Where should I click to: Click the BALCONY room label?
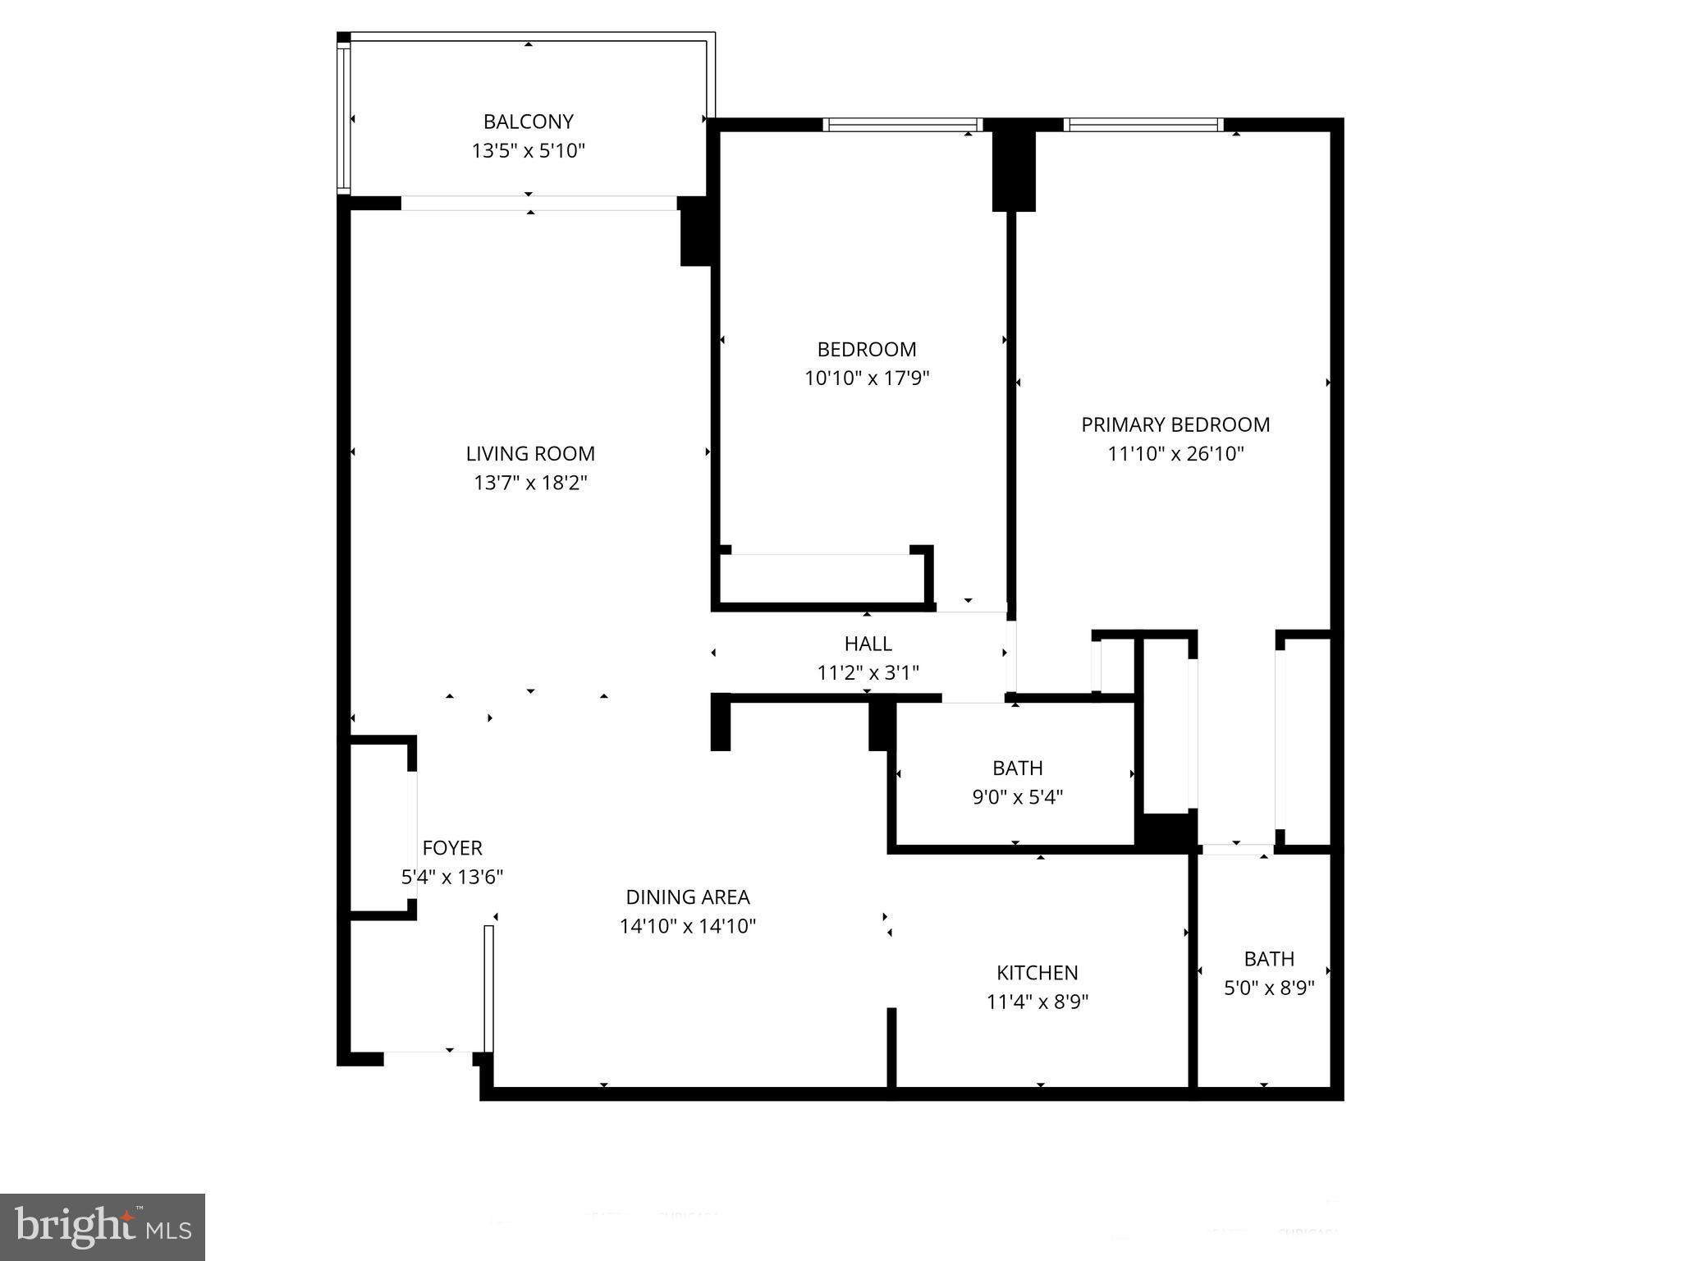[x=528, y=122]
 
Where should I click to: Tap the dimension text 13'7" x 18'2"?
[x=530, y=483]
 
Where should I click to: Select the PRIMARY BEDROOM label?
[x=1175, y=424]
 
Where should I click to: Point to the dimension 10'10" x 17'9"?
[x=866, y=378]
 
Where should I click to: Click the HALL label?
[x=868, y=644]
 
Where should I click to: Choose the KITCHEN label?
[x=1037, y=973]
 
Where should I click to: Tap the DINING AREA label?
[x=687, y=897]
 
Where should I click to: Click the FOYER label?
[x=451, y=847]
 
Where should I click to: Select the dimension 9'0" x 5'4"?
[x=1017, y=797]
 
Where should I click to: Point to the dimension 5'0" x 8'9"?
[x=1269, y=988]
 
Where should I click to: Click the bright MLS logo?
[x=103, y=1227]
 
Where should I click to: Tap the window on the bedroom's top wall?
[x=902, y=125]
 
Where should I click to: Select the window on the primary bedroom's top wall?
[x=1143, y=125]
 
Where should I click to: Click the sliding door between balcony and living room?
[x=538, y=203]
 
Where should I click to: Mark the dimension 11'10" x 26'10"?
[x=1175, y=454]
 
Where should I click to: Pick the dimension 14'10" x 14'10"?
[x=687, y=927]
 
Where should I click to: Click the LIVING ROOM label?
[x=530, y=453]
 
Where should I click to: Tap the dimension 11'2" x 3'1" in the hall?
[x=868, y=673]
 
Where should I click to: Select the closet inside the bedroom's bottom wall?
[x=822, y=579]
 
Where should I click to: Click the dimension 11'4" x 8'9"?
[x=1037, y=1002]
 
